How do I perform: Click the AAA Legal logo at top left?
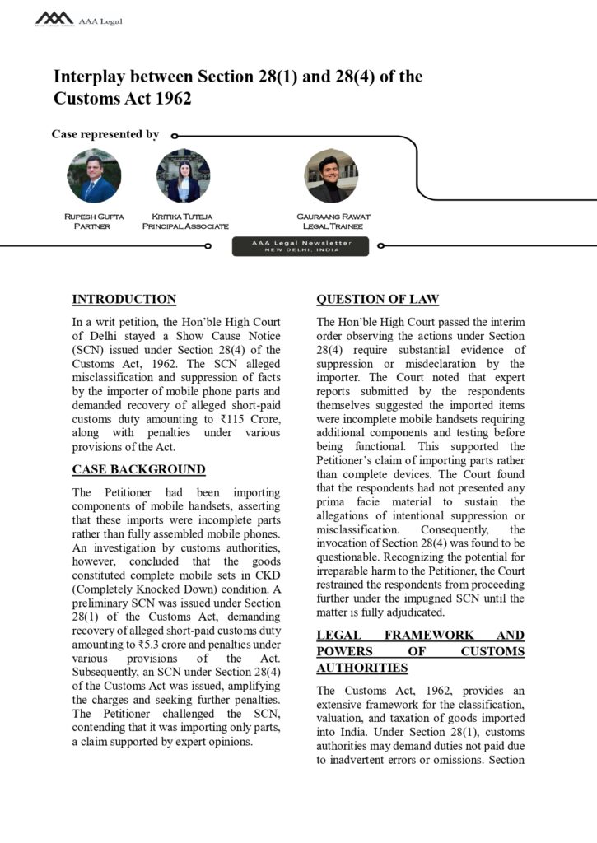55,18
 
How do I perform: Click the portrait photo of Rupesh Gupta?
94,175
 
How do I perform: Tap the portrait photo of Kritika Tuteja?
184,175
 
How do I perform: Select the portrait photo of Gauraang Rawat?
331,175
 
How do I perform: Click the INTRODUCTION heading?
124,300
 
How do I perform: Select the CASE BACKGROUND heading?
138,470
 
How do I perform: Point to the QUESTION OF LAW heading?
378,300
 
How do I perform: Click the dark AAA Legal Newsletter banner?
301,246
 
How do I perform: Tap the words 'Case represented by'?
105,134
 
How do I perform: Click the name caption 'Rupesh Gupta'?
94,217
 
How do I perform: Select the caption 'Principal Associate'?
185,226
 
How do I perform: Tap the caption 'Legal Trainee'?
333,226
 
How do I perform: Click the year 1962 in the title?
171,99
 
